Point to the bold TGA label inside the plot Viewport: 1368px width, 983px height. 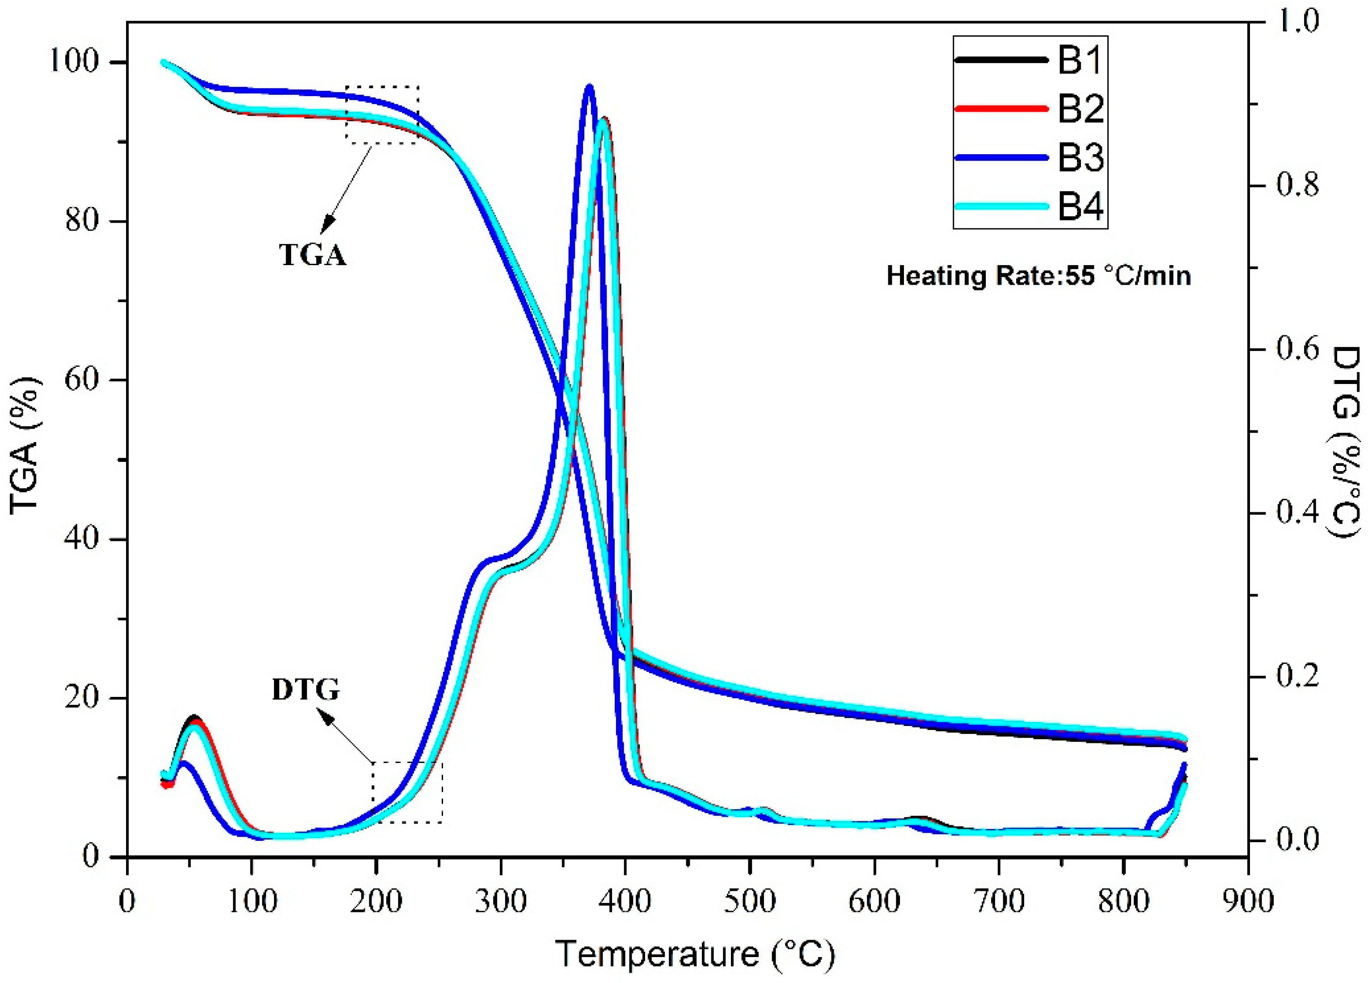coord(312,255)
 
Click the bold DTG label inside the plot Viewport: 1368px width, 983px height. coord(306,689)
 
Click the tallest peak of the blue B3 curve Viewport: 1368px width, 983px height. coord(589,86)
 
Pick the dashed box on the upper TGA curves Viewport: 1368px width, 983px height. coord(382,114)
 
